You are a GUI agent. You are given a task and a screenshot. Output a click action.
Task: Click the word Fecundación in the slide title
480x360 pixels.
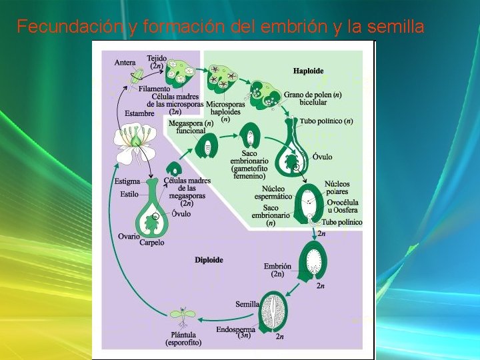click(x=59, y=27)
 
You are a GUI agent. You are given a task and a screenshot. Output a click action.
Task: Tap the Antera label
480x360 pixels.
click(x=125, y=63)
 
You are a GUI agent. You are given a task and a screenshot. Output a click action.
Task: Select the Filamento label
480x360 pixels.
click(x=155, y=88)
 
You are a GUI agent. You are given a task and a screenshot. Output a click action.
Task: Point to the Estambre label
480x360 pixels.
click(x=139, y=113)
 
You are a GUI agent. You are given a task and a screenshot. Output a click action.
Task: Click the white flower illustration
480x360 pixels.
click(x=135, y=144)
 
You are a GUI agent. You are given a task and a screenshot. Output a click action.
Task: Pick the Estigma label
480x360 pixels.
click(x=127, y=181)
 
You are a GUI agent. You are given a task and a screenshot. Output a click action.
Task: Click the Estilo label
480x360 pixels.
click(x=129, y=195)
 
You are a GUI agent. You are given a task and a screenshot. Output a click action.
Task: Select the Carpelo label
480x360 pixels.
click(x=151, y=243)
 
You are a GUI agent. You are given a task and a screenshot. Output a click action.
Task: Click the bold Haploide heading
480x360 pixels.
click(x=308, y=70)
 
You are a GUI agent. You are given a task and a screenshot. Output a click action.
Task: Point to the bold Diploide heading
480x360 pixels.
click(x=209, y=259)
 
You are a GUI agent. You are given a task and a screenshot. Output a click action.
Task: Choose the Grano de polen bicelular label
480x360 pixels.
click(x=313, y=99)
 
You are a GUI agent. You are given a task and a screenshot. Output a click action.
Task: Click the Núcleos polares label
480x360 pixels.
click(x=337, y=188)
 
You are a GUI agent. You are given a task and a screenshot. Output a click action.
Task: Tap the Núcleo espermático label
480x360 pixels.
click(x=273, y=193)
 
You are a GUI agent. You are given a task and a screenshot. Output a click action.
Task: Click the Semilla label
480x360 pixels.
click(x=247, y=304)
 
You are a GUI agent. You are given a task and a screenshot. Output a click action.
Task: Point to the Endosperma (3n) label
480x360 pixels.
click(x=236, y=333)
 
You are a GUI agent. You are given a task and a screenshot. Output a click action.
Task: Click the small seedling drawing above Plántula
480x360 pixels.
click(x=181, y=314)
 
